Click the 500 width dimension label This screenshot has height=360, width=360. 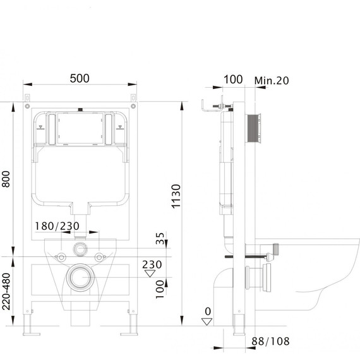79,78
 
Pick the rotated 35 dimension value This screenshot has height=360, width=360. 160,239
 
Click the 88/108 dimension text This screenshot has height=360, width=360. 268,341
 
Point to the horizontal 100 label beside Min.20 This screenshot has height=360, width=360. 232,80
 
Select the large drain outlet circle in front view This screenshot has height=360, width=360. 80,277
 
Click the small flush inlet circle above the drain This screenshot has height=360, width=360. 80,248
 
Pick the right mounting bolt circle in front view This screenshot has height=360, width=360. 100,256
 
